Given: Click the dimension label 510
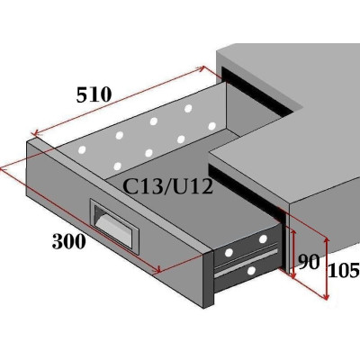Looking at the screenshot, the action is click(x=94, y=94).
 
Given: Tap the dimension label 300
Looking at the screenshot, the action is click(x=69, y=241).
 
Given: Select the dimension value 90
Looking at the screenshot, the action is click(x=309, y=262).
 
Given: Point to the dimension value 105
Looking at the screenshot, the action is click(x=344, y=270).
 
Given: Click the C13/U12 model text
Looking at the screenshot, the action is click(x=168, y=186).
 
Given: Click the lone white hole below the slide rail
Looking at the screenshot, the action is click(x=251, y=271).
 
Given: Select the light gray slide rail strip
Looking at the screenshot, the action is click(x=246, y=262).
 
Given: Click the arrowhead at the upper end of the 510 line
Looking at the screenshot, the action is click(x=202, y=68).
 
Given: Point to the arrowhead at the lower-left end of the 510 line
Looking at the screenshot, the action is click(x=36, y=133).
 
